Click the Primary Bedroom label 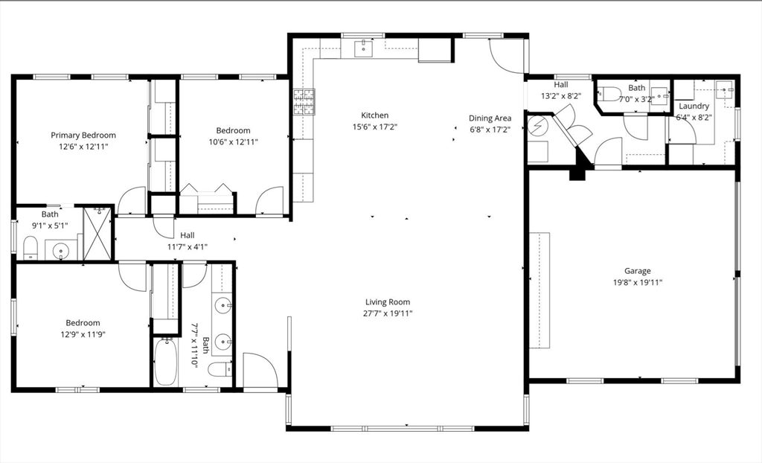coord(83,135)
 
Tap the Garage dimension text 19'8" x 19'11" coord(638,282)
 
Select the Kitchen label coord(375,115)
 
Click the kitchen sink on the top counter coord(363,48)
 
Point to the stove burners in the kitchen coord(304,102)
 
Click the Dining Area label coord(490,118)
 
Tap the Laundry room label coord(694,106)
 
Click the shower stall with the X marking coord(97,234)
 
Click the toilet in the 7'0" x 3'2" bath coord(609,93)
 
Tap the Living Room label coord(388,302)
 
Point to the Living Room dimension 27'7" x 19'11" coord(388,313)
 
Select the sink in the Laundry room coord(726,90)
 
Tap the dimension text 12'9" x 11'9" coord(83,334)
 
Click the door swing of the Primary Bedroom coord(132,200)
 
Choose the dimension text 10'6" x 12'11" coord(233,142)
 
